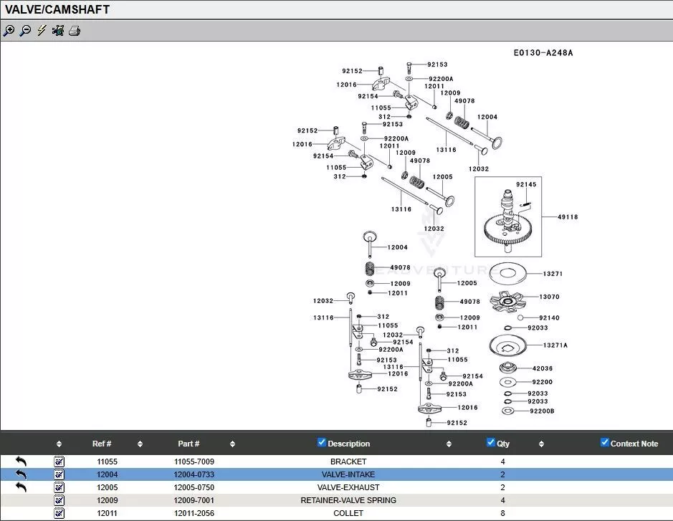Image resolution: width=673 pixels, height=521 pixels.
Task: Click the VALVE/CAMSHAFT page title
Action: click(57, 10)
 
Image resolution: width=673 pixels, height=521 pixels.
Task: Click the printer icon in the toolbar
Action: click(75, 31)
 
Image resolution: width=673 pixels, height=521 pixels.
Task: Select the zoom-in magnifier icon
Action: click(9, 31)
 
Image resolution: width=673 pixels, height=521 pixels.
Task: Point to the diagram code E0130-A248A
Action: click(543, 53)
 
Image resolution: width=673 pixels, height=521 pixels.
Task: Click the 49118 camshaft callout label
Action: click(568, 217)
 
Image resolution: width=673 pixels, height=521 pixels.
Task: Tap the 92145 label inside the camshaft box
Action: click(525, 185)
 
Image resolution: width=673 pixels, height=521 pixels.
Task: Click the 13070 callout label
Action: click(549, 297)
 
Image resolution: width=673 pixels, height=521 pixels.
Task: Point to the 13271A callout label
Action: click(555, 345)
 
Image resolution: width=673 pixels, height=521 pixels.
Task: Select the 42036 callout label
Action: click(543, 368)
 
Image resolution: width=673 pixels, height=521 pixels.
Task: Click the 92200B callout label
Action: click(542, 411)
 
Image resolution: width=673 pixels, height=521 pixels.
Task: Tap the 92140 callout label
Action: click(549, 317)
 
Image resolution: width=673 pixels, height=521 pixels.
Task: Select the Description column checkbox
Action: click(322, 442)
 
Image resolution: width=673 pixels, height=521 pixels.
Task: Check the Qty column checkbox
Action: click(491, 442)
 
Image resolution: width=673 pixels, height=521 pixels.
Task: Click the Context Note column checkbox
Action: click(605, 442)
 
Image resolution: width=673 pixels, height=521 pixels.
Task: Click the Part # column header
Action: click(188, 444)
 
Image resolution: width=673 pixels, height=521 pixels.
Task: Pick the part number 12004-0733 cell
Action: click(194, 474)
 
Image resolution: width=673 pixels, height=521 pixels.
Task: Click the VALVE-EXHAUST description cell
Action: click(348, 487)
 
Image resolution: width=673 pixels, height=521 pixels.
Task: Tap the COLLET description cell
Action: click(348, 513)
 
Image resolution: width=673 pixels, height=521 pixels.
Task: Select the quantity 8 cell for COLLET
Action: click(502, 513)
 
